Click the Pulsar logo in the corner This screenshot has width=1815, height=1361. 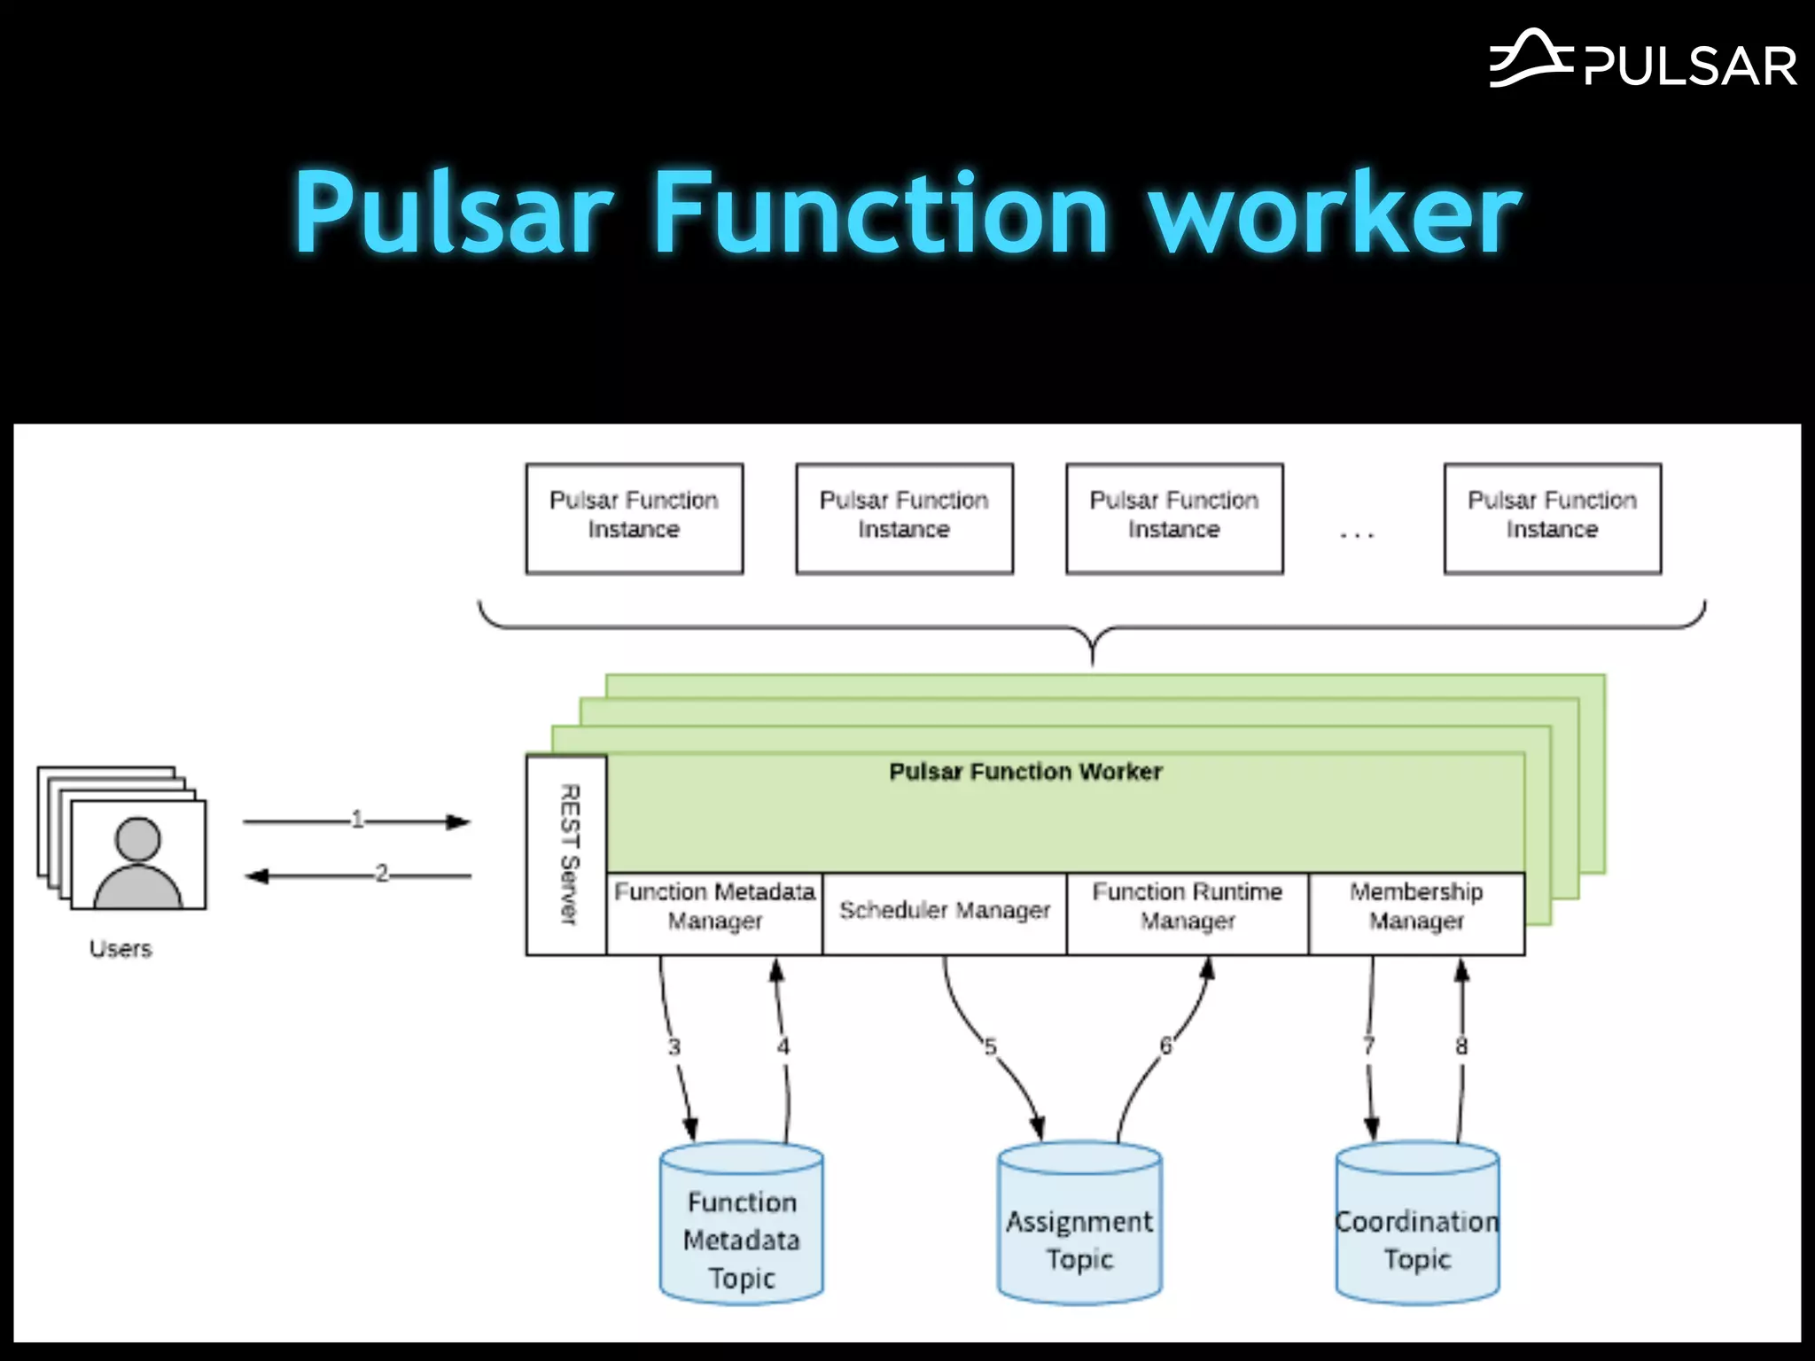coord(1642,60)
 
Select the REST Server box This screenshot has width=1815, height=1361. coord(567,855)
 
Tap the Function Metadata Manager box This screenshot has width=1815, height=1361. coord(714,914)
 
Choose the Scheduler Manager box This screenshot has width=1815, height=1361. coord(945,914)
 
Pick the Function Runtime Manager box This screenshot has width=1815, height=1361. coord(1188,914)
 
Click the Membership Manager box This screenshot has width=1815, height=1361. coord(1416,914)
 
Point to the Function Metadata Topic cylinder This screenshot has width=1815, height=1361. coord(742,1227)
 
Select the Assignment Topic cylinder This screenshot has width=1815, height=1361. coord(1079,1227)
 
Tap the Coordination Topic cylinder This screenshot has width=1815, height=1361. coord(1417,1227)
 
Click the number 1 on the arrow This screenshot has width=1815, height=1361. coord(357,820)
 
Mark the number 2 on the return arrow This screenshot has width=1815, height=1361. coord(382,874)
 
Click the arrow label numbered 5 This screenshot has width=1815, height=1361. coord(991,1047)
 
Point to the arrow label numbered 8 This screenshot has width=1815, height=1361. coord(1461,1046)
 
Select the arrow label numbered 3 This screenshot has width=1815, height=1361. coord(674,1047)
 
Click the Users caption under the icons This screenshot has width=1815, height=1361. coord(121,949)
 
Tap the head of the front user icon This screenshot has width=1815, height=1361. coord(138,838)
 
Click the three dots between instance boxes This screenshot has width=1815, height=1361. coord(1357,534)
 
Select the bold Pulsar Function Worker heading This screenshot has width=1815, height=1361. coord(1025,772)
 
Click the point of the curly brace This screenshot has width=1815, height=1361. coord(1093,660)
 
